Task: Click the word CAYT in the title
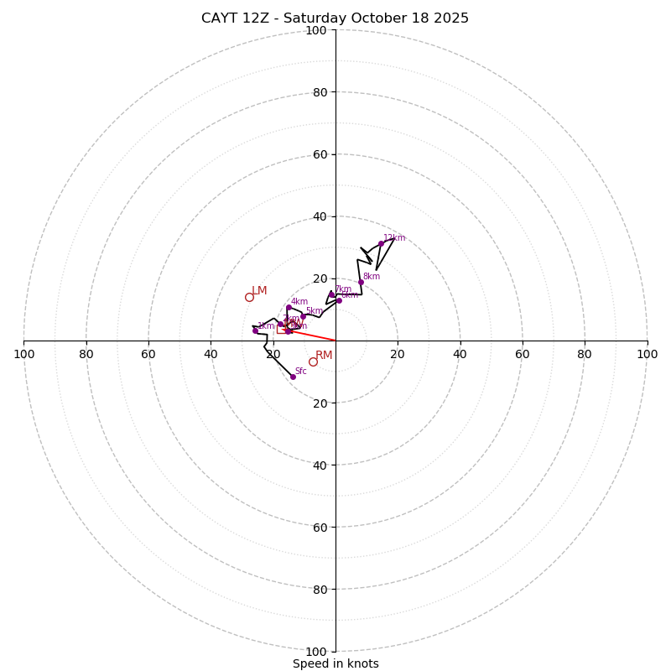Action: [221, 18]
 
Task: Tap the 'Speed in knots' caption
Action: [335, 663]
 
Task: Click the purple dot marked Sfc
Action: [293, 377]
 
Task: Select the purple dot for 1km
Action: [255, 330]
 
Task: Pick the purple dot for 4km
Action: [289, 307]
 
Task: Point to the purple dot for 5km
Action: [303, 316]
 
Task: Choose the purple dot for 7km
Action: [331, 294]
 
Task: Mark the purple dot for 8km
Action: [361, 282]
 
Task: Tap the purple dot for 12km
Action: [381, 243]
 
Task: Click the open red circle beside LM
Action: [249, 297]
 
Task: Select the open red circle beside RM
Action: [313, 362]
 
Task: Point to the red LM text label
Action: [260, 291]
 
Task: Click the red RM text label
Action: [324, 356]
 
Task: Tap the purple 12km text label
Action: [394, 238]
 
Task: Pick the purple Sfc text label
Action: [300, 371]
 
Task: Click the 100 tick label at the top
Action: [316, 30]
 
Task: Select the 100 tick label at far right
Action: [648, 354]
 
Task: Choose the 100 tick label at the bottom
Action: [316, 652]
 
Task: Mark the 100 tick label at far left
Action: [23, 354]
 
